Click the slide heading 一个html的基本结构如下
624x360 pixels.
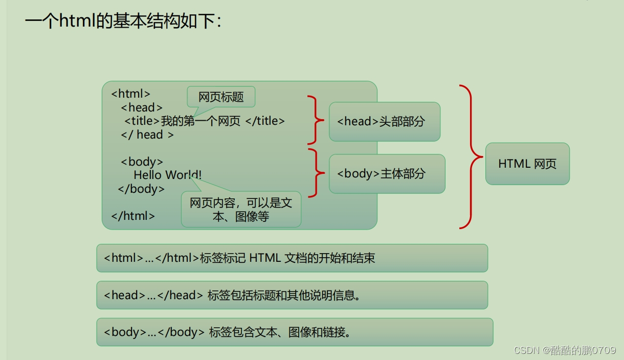[x=123, y=21]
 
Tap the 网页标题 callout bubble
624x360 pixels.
[x=221, y=97]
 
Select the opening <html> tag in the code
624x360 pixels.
[x=131, y=94]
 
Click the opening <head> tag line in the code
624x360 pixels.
[x=142, y=107]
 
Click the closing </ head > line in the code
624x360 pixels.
[x=147, y=135]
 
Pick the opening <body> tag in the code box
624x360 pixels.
[x=142, y=162]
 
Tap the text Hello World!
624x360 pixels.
[x=167, y=175]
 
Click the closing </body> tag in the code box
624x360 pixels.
[x=141, y=189]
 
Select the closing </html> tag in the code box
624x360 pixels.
[x=133, y=216]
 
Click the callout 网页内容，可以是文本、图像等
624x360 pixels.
[x=241, y=210]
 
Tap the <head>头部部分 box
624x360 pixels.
[x=384, y=122]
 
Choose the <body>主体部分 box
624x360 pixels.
[x=387, y=174]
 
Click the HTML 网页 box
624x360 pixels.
[x=527, y=164]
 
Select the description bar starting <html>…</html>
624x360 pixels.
[x=292, y=258]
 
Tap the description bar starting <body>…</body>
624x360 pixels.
[x=294, y=332]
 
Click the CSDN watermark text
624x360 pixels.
[x=565, y=350]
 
